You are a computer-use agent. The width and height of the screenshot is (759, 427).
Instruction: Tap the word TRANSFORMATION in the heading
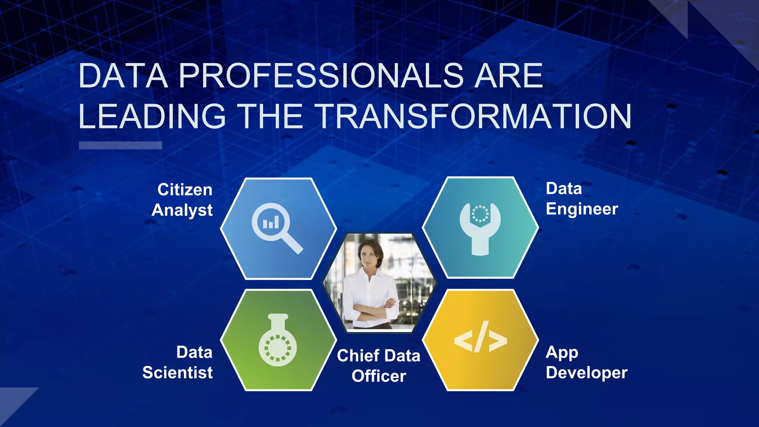(x=474, y=116)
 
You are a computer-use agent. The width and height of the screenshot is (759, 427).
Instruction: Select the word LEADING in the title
(x=152, y=116)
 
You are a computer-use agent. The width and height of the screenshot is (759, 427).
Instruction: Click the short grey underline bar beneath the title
(x=120, y=145)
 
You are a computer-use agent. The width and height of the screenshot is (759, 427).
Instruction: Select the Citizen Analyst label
(x=182, y=200)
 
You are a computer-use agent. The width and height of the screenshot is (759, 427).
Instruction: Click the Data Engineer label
(x=581, y=199)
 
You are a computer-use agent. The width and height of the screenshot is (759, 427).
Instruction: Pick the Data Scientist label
(x=178, y=362)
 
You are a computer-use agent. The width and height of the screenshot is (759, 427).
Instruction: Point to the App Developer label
(x=586, y=363)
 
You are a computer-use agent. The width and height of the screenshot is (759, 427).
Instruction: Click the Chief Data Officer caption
(x=378, y=365)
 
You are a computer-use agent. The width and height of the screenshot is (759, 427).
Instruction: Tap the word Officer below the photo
(x=378, y=376)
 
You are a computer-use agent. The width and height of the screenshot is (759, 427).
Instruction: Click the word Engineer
(x=581, y=209)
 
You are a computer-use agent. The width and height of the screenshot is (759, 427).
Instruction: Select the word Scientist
(x=178, y=373)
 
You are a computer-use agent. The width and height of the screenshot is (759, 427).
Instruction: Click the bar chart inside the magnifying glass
(x=271, y=222)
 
